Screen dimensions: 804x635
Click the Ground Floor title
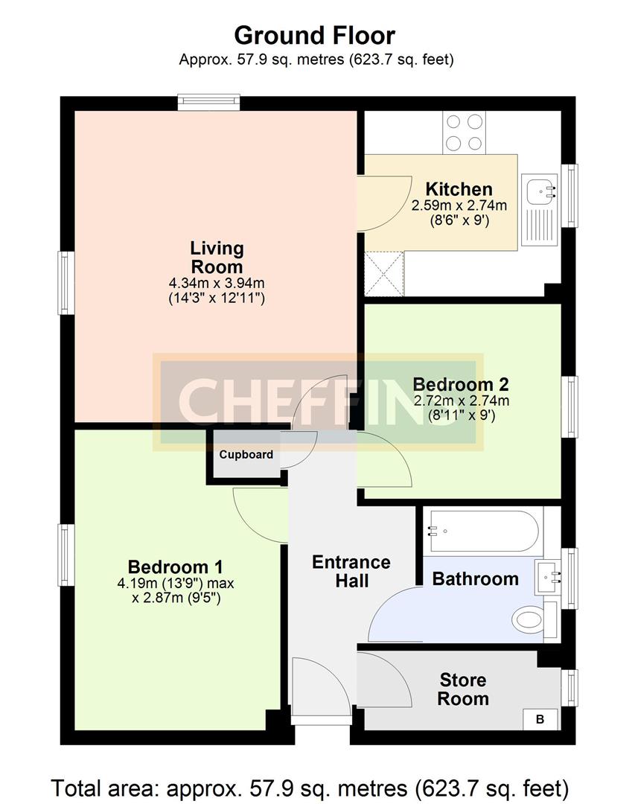coord(315,35)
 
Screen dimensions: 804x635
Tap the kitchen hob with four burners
coord(464,133)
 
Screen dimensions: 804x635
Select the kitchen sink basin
coord(538,191)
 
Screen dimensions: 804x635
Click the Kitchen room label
coord(459,189)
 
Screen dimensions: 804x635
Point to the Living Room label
coord(217,258)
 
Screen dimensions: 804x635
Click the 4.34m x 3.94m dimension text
coord(217,283)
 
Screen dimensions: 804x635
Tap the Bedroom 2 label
coord(461,384)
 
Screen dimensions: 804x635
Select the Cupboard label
coord(246,455)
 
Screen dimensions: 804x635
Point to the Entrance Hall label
coord(351,571)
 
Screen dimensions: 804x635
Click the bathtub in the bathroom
coord(482,532)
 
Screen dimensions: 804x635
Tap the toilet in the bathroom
coord(532,619)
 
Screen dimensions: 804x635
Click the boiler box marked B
coord(540,719)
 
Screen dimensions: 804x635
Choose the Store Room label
coord(463,689)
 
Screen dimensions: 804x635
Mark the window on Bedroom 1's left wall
coord(67,555)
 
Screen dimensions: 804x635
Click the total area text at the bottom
coord(310,787)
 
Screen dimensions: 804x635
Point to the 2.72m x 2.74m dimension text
coord(461,401)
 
